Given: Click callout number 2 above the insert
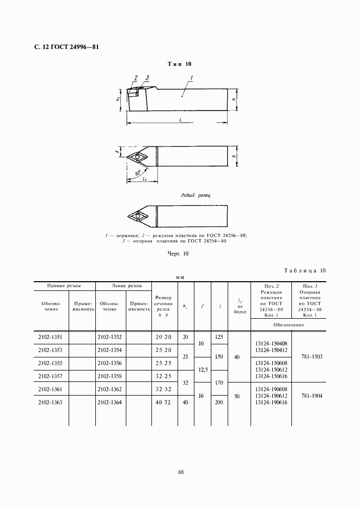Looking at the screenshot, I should click(136, 78).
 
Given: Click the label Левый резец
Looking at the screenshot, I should click(195, 195).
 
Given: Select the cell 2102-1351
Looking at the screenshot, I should click(50, 337).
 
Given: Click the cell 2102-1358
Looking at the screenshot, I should click(109, 376).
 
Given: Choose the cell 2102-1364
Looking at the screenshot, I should click(109, 402).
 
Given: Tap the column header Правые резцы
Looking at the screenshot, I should click(64, 286).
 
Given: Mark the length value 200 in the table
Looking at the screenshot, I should click(219, 402).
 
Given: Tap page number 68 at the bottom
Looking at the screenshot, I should click(180, 472).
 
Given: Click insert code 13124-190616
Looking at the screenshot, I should click(271, 402).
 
